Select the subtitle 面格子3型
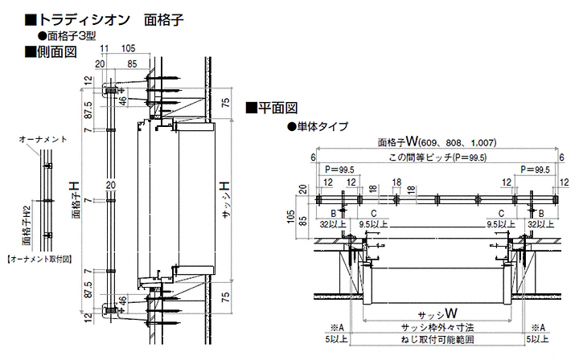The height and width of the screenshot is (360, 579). click(x=73, y=35)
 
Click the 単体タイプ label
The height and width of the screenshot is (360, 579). click(x=318, y=126)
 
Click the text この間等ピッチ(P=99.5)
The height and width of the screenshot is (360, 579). click(x=436, y=157)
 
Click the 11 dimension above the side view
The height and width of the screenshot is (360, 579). click(x=105, y=49)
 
